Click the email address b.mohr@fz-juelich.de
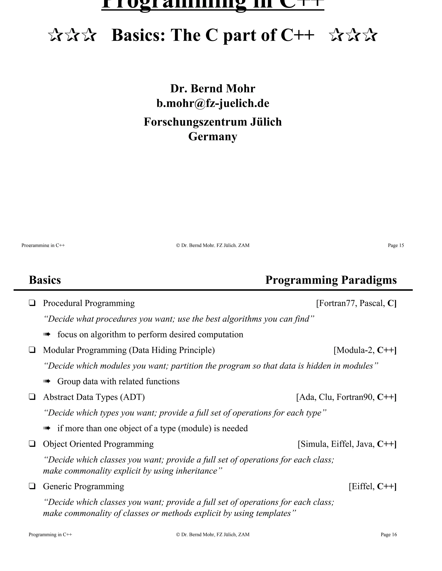point(213,103)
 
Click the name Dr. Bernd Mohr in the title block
point(213,89)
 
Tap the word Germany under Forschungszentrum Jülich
point(213,136)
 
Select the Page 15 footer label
point(396,245)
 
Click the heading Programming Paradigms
point(331,280)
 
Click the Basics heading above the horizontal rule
point(45,280)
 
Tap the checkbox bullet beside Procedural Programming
point(32,303)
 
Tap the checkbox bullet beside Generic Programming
point(32,486)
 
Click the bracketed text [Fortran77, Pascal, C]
point(356,303)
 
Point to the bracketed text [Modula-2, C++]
point(365,350)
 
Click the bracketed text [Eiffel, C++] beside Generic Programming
point(372,486)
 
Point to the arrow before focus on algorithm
point(47,334)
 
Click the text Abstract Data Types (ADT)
point(94,397)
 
